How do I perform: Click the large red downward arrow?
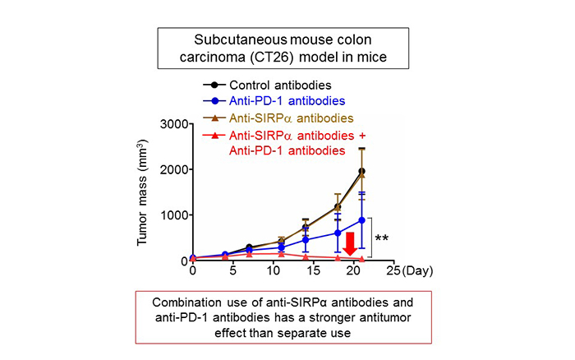point(350,244)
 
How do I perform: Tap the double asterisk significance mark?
point(382,238)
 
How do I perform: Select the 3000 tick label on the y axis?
point(174,124)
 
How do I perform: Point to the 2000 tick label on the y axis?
point(174,169)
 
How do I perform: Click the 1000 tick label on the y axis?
point(174,215)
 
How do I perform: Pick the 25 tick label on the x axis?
point(393,271)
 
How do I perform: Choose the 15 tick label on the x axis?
point(313,271)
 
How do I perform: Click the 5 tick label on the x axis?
point(232,271)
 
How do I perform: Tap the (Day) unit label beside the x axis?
point(417,271)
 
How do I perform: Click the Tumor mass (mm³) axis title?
point(141,192)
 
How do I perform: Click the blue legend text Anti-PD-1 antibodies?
point(287,100)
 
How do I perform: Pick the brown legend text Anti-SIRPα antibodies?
point(291,118)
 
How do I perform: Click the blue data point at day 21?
point(361,220)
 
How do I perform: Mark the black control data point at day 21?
point(361,171)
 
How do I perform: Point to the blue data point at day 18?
point(338,233)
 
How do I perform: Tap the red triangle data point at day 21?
point(361,259)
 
